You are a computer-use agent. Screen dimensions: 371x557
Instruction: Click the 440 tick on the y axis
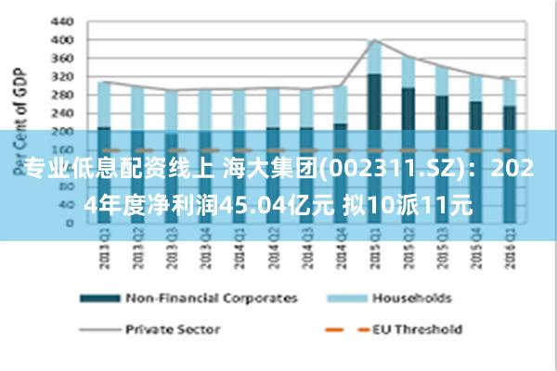tap(61, 21)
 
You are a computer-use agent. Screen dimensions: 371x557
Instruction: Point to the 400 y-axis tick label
tap(61, 40)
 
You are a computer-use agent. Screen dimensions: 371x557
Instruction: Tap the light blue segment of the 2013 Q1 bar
tap(104, 104)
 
